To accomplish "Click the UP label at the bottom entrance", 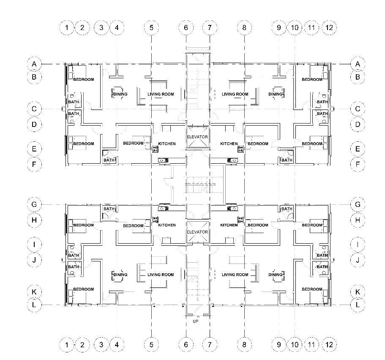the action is tap(195, 322).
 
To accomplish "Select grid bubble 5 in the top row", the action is tap(151, 28).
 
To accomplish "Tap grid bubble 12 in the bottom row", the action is tap(330, 345).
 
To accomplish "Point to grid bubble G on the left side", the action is tap(34, 204).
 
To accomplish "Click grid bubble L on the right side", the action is tap(358, 305).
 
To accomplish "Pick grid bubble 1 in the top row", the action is tap(67, 28).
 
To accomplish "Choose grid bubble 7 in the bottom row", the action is tap(210, 345).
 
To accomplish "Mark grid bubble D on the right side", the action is tap(358, 124).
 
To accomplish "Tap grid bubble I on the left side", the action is tap(34, 244).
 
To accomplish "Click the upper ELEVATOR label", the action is tap(197, 137).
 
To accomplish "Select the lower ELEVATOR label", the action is tap(197, 232).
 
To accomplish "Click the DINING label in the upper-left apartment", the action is tap(120, 94).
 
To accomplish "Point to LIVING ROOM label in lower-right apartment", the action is tap(235, 275).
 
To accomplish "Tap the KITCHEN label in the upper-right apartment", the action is tap(229, 144).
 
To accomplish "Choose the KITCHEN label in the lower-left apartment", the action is tap(167, 225).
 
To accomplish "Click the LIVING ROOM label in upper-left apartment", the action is tap(161, 94).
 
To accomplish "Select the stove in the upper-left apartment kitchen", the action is tap(155, 148).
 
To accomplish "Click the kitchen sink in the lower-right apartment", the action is tap(232, 208).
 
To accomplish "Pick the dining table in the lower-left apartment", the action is tap(117, 275).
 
